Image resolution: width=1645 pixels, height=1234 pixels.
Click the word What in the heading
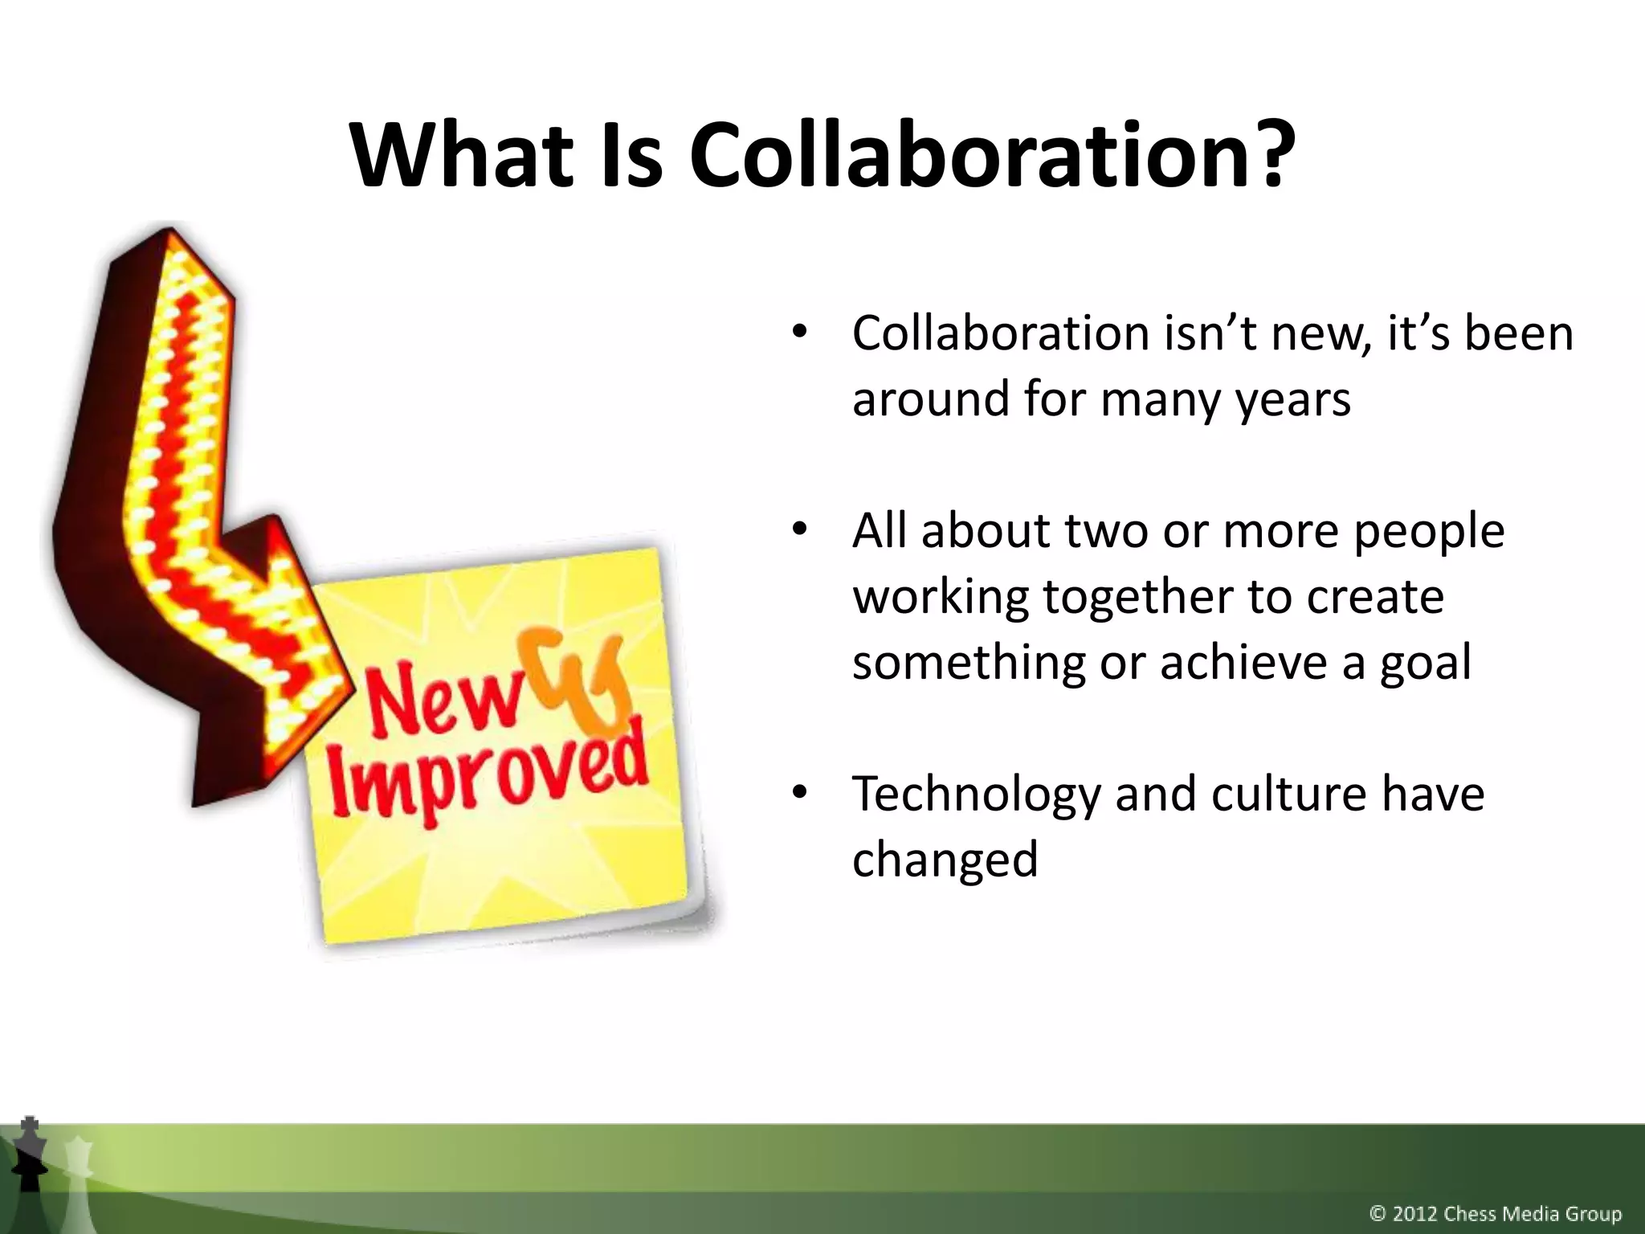point(463,155)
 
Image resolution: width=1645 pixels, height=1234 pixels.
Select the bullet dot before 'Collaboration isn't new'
point(798,333)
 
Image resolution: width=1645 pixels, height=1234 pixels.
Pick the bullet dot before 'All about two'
point(798,531)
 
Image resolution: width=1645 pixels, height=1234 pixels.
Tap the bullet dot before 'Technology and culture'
point(798,794)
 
